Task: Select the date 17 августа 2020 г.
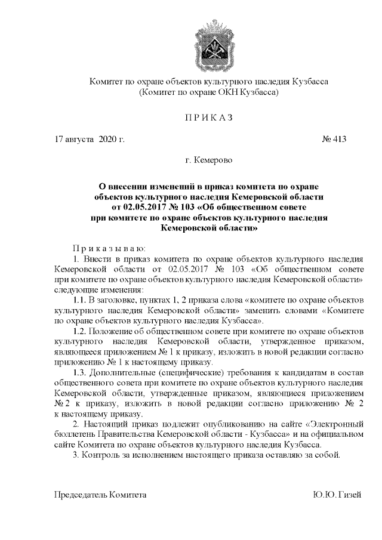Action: click(89, 139)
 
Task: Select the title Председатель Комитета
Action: click(100, 495)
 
